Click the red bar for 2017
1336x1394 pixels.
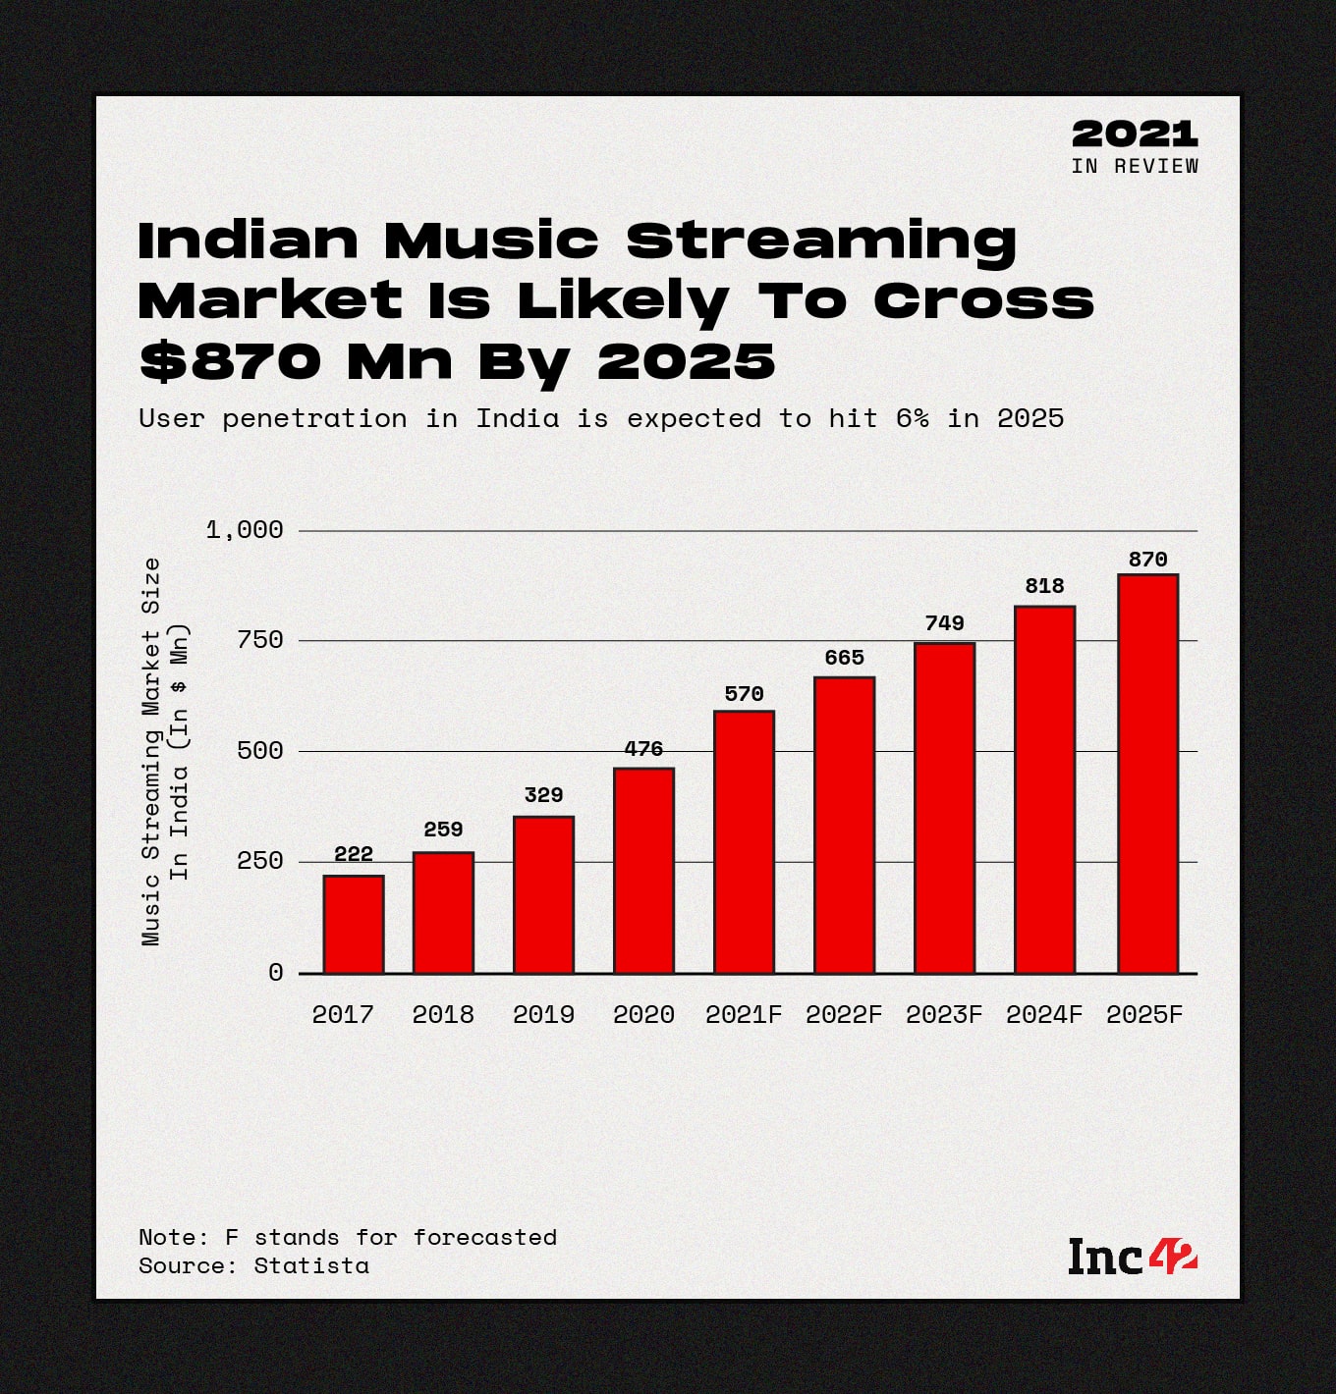(354, 924)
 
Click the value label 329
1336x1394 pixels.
(543, 795)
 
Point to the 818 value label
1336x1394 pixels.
(1044, 586)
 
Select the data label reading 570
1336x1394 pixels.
(744, 694)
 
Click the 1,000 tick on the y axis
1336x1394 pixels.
(245, 530)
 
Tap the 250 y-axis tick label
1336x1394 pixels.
(259, 861)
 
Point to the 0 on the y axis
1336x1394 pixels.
(276, 972)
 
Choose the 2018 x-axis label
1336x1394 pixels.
(443, 1014)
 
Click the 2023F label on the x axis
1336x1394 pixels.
(944, 1014)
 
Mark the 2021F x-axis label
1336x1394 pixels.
(744, 1014)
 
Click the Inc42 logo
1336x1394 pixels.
(1133, 1258)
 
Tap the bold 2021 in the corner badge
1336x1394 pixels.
(1135, 134)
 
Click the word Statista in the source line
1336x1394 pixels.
(311, 1265)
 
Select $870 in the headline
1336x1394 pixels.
(231, 361)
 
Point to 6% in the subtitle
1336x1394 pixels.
(912, 418)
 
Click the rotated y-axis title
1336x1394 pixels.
(164, 751)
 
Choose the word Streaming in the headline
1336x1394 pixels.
(821, 241)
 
